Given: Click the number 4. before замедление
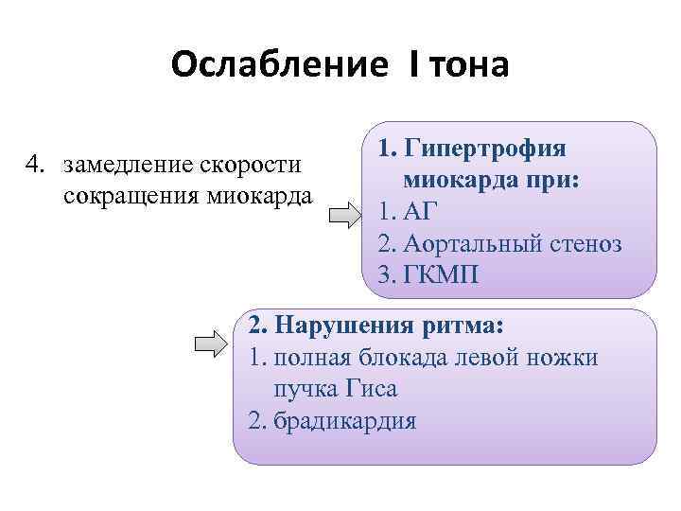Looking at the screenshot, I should (36, 166).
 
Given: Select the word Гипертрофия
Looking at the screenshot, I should (484, 149).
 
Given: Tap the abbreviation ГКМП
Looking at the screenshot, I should (441, 275).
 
